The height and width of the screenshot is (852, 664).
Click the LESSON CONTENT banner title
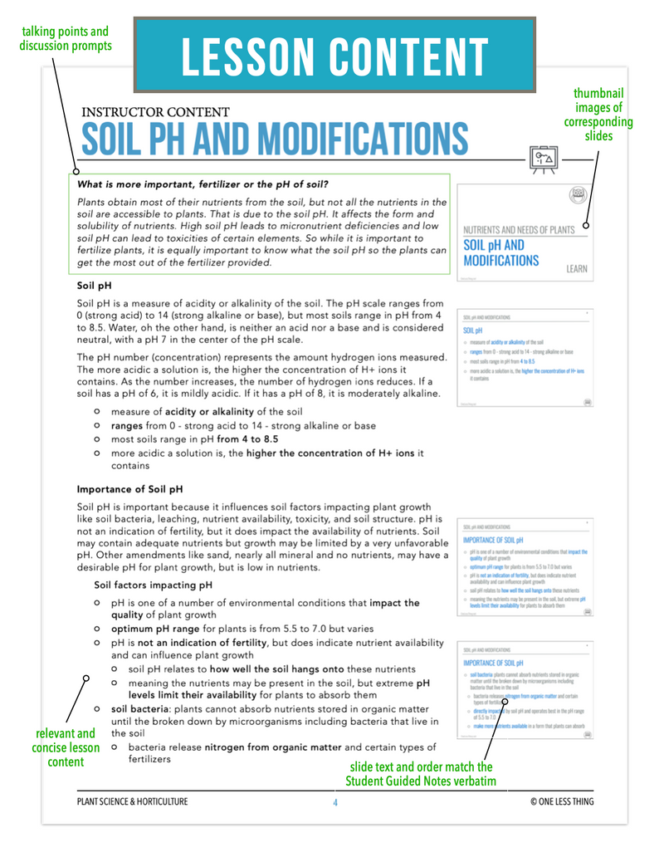[x=334, y=54]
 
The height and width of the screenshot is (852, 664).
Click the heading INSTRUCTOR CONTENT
[x=155, y=111]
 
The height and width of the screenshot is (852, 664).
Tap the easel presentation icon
[x=544, y=157]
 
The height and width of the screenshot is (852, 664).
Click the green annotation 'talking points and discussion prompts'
[x=66, y=38]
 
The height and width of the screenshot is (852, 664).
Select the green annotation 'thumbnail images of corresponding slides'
[x=598, y=115]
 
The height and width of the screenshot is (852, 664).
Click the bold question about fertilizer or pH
[x=203, y=184]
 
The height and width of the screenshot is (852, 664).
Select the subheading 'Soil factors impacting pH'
[x=154, y=585]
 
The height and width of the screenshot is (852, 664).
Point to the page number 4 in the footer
[x=335, y=802]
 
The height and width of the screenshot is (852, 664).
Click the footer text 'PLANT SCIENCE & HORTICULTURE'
[x=132, y=802]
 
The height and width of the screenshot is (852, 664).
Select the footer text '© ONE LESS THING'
[x=562, y=802]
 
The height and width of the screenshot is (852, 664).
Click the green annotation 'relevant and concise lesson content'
[x=66, y=747]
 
